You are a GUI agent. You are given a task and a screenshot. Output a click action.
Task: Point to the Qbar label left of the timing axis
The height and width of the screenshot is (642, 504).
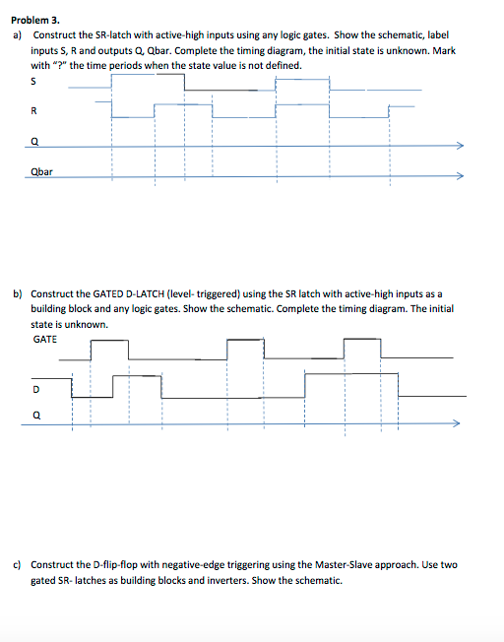[41, 171]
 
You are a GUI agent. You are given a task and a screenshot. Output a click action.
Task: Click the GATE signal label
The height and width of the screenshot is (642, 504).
[45, 340]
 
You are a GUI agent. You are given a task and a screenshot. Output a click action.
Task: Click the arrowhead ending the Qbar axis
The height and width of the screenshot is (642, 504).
[459, 177]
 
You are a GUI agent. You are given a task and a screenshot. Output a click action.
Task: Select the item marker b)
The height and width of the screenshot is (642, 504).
[17, 293]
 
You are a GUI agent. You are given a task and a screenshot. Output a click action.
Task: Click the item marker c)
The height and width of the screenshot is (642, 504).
[17, 565]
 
